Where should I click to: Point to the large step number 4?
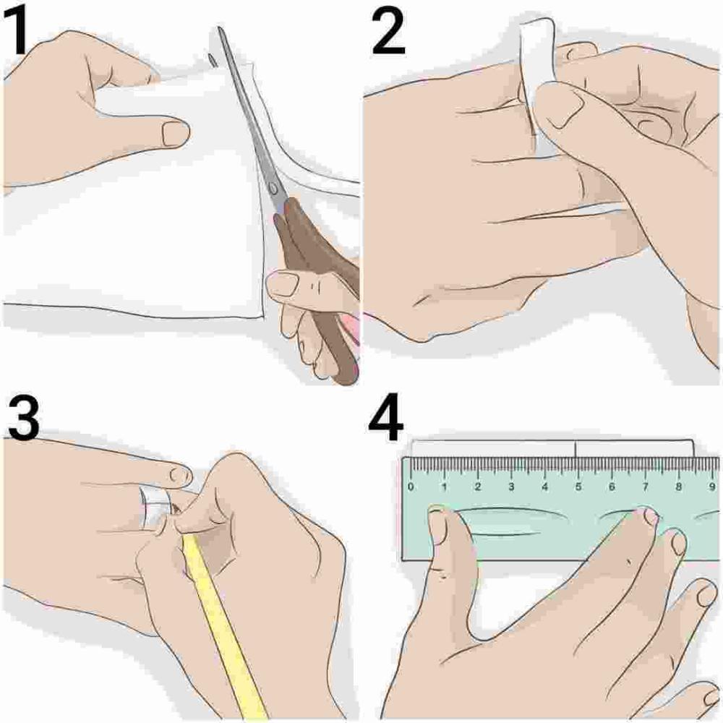(x=386, y=419)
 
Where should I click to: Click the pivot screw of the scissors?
(x=273, y=188)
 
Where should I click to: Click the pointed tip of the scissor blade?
(x=220, y=29)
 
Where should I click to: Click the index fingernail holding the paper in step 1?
(x=176, y=133)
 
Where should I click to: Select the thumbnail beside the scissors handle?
(x=283, y=283)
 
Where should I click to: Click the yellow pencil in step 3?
(x=225, y=627)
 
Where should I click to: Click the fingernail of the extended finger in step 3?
(x=180, y=474)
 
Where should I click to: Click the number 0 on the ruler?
(x=411, y=486)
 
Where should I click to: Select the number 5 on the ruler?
(x=578, y=486)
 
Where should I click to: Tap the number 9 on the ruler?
(x=712, y=486)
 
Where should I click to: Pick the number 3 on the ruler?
(x=511, y=486)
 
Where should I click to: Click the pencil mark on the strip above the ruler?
(x=576, y=449)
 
